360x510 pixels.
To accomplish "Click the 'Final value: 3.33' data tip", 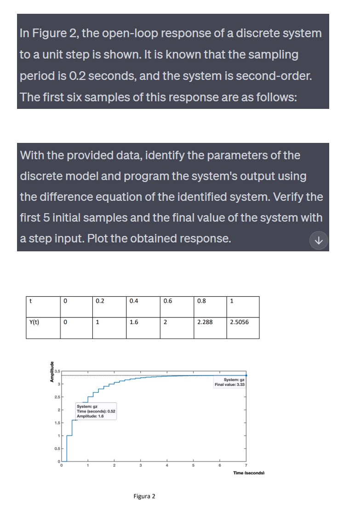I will click(230, 382).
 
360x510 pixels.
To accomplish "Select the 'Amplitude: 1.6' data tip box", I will click(96, 411).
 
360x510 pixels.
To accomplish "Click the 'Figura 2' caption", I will click(144, 496).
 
